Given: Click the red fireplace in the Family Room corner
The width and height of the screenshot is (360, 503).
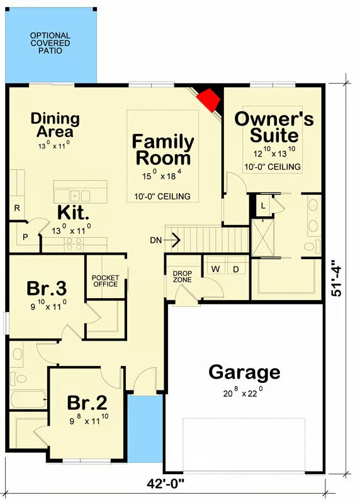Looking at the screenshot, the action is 209,100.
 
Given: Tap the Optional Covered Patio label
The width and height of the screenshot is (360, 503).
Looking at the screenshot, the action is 50,43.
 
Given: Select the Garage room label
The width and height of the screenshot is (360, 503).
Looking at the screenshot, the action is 244,373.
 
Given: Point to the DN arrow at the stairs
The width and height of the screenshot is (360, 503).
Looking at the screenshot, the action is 172,240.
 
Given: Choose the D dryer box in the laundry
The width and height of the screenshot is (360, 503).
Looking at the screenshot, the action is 236,270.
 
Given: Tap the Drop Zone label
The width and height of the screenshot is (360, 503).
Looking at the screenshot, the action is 183,277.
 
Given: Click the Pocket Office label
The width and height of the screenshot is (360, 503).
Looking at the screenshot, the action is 105,281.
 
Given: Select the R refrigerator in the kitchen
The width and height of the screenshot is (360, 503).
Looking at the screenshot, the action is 17,207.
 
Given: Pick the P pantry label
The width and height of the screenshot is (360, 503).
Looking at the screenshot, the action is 25,237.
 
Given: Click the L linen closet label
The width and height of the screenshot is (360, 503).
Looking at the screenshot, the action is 263,206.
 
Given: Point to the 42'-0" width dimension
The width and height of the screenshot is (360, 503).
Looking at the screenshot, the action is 166,483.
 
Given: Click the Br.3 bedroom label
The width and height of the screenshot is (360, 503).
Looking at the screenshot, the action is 47,288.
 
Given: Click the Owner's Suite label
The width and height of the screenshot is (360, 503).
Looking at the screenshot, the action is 274,127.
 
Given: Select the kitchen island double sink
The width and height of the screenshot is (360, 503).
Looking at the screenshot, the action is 81,196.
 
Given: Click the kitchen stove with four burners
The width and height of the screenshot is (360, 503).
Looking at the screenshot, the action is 74,244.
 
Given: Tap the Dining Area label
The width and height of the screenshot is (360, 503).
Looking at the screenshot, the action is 55,124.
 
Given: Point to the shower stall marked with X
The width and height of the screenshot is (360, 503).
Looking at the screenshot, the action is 262,238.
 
